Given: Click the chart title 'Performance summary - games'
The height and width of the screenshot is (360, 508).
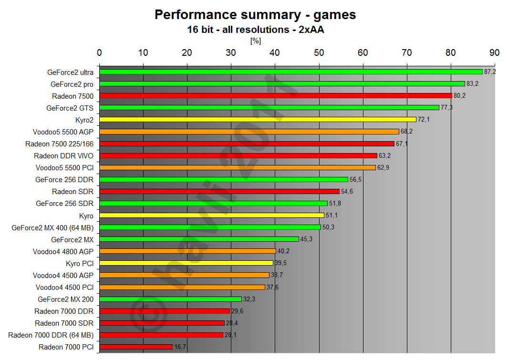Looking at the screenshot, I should coord(255,15).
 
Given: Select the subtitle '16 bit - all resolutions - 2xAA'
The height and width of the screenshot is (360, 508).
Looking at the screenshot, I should coord(255,30).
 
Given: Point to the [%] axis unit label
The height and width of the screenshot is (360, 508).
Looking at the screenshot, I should coord(255,41).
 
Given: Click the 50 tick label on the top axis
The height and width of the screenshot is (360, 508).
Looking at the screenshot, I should coord(319,52).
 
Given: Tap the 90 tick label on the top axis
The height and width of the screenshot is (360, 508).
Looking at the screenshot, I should coord(495,52).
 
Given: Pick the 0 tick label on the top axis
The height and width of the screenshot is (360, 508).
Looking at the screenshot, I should coord(99,52).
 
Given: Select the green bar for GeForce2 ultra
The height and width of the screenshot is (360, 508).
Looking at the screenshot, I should coord(290,72).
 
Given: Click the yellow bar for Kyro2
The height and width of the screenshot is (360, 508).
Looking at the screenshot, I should coord(258,120).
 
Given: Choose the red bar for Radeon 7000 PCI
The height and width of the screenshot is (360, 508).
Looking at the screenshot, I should coord(136,347).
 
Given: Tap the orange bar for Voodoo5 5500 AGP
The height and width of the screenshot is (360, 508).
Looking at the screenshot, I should coord(249,132).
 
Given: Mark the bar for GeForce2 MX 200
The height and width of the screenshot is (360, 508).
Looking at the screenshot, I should coord(170,299).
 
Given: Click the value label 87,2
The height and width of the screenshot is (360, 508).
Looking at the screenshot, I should coord(490,72).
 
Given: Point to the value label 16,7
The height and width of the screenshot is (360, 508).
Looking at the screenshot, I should coord(180,347).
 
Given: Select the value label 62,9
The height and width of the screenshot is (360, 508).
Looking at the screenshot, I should coord(384,167).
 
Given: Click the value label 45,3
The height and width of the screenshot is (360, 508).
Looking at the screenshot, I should coord(306,239).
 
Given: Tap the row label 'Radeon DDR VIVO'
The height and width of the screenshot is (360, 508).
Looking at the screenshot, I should coord(63,155).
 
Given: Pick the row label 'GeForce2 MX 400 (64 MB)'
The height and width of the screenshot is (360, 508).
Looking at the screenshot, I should coord(52,227).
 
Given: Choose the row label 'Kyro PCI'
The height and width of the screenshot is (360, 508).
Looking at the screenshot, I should coord(79,263).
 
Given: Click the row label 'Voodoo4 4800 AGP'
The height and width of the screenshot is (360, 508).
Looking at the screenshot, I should coord(63,251).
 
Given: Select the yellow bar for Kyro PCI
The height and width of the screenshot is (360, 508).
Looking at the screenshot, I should coord(186,263).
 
